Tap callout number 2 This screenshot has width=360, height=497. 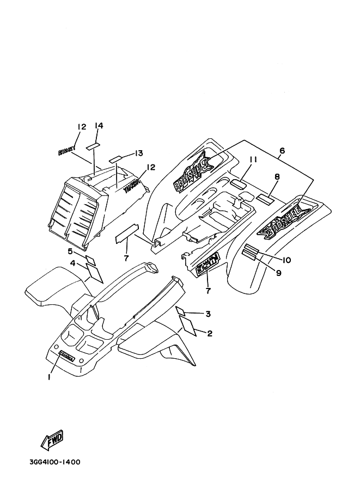coord(209,333)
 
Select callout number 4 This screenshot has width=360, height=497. coord(72,263)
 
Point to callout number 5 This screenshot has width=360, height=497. coord(70,251)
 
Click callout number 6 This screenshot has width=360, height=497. coord(282,150)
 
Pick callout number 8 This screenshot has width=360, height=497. coord(277,176)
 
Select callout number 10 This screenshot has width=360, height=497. coord(286,260)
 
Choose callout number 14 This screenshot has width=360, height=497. coord(99,125)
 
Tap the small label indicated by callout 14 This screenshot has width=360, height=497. coord(94,146)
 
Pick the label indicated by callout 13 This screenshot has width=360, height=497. coord(115,159)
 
